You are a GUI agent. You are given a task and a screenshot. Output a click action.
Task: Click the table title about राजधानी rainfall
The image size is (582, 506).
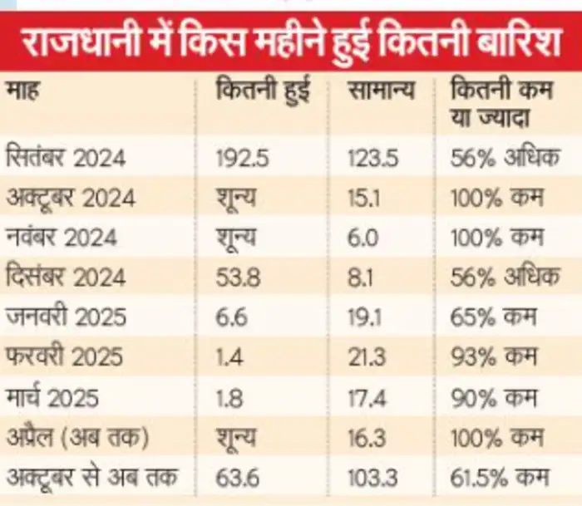(x=291, y=41)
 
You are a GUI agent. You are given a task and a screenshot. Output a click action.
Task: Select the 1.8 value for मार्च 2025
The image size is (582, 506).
(x=229, y=396)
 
